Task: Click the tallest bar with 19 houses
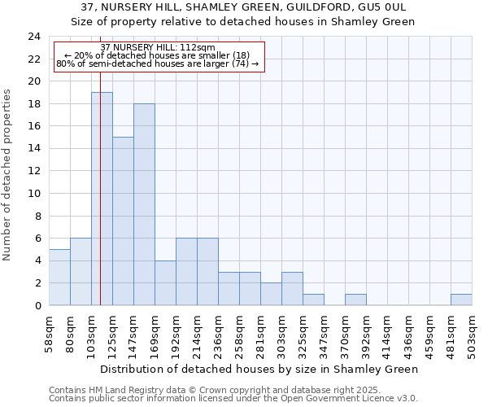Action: (102, 199)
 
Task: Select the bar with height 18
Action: (144, 204)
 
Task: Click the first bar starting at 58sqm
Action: (59, 277)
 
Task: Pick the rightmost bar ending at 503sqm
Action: (461, 300)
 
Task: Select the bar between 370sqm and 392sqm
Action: (355, 300)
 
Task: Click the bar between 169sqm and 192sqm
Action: (165, 282)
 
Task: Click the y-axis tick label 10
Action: (33, 194)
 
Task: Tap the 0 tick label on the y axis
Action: (37, 305)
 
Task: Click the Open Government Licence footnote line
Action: (233, 398)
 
